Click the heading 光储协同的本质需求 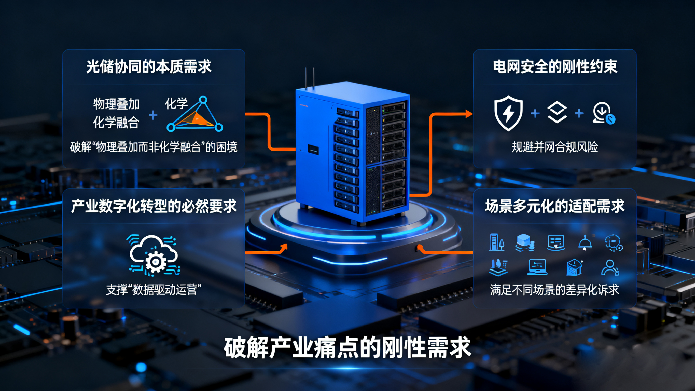tap(148, 67)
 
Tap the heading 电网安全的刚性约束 tap(555, 67)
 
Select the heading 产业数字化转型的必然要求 tap(154, 206)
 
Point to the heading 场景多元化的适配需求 tap(555, 206)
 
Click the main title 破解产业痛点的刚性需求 tap(347, 347)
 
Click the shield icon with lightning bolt tap(508, 113)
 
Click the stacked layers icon tap(557, 113)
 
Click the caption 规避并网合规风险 tap(555, 147)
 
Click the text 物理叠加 tap(116, 104)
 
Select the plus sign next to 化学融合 tap(153, 115)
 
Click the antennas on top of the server tap(310, 78)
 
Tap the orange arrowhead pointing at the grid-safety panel tap(469, 114)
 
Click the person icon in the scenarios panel tap(610, 268)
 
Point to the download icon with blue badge tap(604, 113)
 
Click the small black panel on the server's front tap(313, 149)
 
